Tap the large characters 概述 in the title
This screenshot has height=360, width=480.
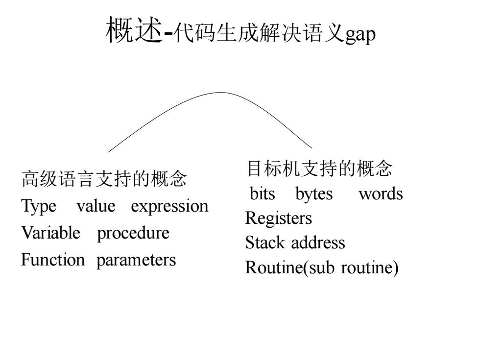pyautogui.click(x=134, y=30)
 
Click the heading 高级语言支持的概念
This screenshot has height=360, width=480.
pyautogui.click(x=104, y=179)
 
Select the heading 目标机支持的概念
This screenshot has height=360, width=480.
pyautogui.click(x=319, y=168)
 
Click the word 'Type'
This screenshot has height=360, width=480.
pyautogui.click(x=39, y=206)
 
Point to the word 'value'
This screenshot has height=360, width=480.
pyautogui.click(x=96, y=206)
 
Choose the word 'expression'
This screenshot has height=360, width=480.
pyautogui.click(x=169, y=207)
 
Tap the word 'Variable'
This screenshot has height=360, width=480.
pyautogui.click(x=51, y=233)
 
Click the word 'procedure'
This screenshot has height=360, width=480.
pyautogui.click(x=133, y=233)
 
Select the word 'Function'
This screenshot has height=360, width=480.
pyautogui.click(x=53, y=260)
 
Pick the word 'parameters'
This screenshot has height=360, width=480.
pyautogui.click(x=136, y=261)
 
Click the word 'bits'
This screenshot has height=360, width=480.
pyautogui.click(x=263, y=193)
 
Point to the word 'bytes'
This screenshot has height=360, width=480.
pyautogui.click(x=314, y=194)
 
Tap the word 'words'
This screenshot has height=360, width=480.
pyautogui.click(x=381, y=193)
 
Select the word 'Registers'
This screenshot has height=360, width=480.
pyautogui.click(x=279, y=218)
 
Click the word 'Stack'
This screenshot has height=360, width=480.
pyautogui.click(x=265, y=242)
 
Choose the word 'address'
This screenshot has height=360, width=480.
pyautogui.click(x=318, y=242)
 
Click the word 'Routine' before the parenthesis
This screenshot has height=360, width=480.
pyautogui.click(x=274, y=267)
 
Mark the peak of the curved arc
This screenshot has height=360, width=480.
pyautogui.click(x=220, y=93)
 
